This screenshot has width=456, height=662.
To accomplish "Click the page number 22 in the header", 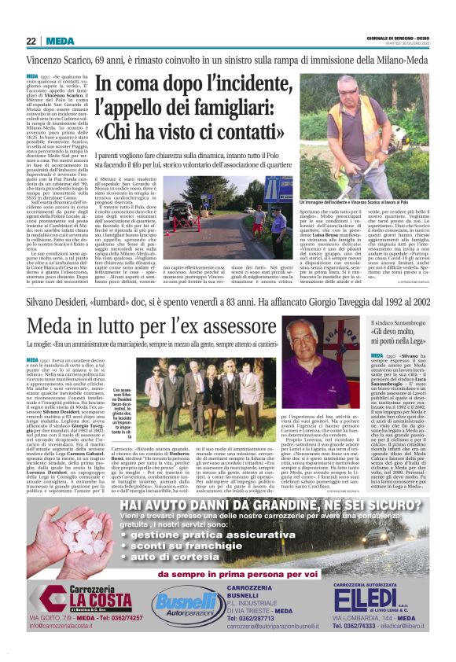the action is pos(31,41).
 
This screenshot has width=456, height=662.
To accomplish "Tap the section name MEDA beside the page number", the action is pos(60,41).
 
